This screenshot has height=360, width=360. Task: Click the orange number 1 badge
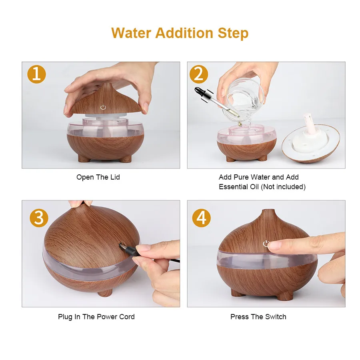(x=36, y=74)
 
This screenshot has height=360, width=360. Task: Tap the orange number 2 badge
(x=199, y=74)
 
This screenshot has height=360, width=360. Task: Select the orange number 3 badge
(x=39, y=218)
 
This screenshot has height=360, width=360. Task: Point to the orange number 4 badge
(x=201, y=218)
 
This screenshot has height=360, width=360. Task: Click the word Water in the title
(x=131, y=33)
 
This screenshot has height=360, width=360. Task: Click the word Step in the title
(x=233, y=33)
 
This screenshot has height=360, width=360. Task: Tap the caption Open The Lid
(x=98, y=177)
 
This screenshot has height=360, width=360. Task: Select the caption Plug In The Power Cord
(x=96, y=317)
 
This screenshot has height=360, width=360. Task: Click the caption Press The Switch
(x=258, y=317)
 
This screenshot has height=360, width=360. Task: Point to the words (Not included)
(x=283, y=187)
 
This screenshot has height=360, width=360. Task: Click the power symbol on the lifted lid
(x=103, y=107)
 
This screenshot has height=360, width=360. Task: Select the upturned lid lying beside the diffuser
(x=311, y=140)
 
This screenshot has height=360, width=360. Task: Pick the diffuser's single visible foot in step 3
(x=105, y=293)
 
